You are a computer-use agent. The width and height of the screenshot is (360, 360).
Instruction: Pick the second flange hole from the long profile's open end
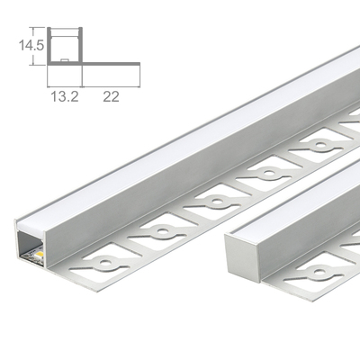pos(160,231)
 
